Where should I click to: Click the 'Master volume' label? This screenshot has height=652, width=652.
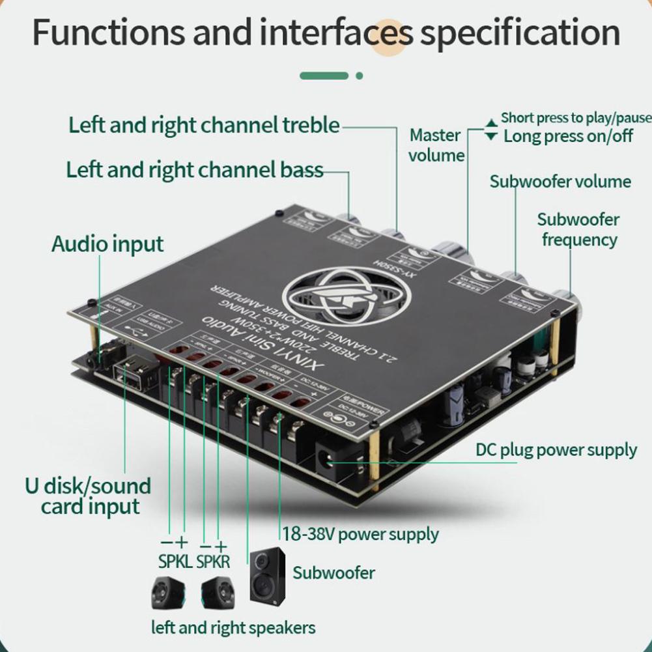pos(436,145)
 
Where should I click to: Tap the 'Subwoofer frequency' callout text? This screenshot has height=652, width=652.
pos(578,229)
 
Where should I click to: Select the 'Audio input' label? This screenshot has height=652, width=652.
pos(107,244)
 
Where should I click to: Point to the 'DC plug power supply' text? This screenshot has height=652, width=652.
pos(556,449)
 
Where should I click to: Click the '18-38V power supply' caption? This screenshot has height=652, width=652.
pos(360,535)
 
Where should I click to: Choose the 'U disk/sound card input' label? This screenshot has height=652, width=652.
pos(88,496)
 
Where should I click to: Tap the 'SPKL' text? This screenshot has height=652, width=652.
pos(175,561)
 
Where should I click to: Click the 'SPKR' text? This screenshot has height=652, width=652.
pos(214,561)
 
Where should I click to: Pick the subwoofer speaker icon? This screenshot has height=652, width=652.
pos(268,576)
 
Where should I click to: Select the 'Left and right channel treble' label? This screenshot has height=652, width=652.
pos(204,124)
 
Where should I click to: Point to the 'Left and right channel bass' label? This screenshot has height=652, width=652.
pos(195,170)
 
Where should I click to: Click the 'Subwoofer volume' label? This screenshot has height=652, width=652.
pos(560,181)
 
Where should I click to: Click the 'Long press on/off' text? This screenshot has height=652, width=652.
pos(568,135)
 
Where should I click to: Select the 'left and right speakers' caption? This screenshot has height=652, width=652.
pos(233,628)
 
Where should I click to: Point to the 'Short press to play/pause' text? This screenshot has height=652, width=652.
pos(576,118)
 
